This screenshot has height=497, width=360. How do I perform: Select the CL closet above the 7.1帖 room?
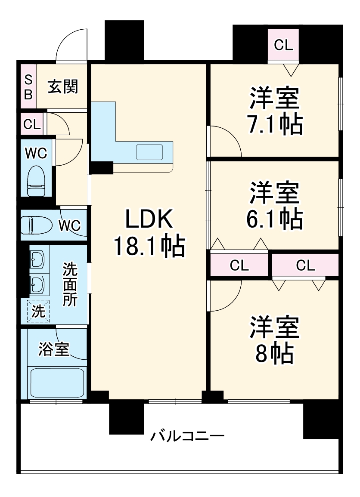[x=283, y=45]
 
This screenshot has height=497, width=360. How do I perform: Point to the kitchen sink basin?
[x=149, y=152]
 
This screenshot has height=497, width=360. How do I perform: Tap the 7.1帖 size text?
[x=274, y=124]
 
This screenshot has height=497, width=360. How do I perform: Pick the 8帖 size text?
[x=274, y=353]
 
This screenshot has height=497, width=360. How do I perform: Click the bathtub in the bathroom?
[x=57, y=383]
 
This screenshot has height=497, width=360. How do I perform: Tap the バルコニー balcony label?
[x=187, y=437]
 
